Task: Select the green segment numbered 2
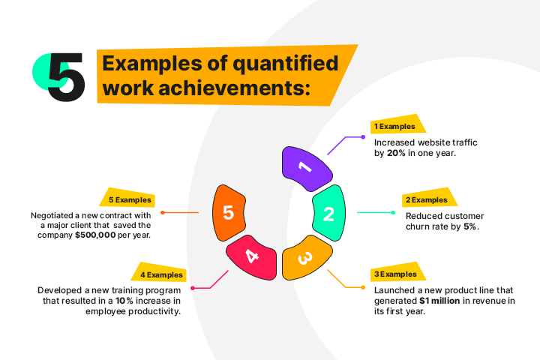pyautogui.click(x=329, y=212)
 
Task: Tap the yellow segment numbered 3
pyautogui.click(x=306, y=257)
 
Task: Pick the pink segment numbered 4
pyautogui.click(x=252, y=257)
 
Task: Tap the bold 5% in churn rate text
pyautogui.click(x=469, y=226)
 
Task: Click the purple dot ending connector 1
pyautogui.click(x=363, y=137)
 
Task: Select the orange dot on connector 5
pyautogui.click(x=163, y=212)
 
